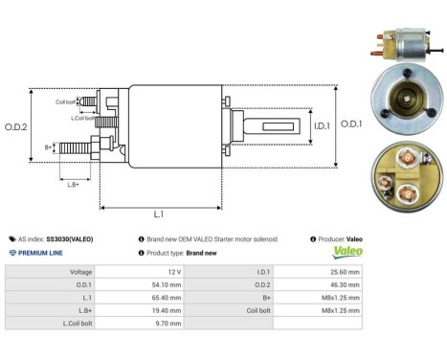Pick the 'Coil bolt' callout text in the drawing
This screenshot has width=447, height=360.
(65, 101)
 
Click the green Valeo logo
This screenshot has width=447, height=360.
(346, 253)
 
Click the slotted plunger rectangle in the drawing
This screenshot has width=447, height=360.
(259, 124)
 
